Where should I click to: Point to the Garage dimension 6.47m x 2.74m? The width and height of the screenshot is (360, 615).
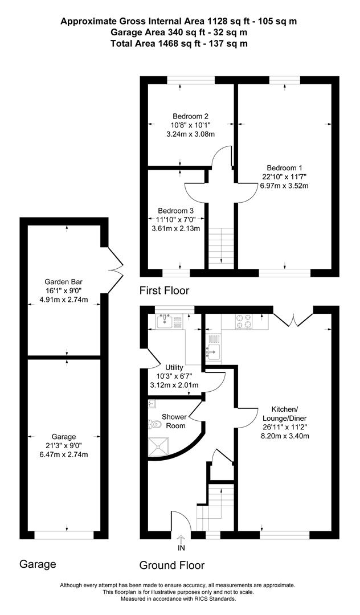click(64, 454)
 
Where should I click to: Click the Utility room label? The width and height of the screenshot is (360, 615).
click(174, 368)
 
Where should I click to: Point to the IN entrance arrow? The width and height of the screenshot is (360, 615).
click(181, 539)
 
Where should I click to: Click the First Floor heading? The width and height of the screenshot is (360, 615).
click(164, 291)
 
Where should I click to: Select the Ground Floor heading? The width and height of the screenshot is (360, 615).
click(172, 565)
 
